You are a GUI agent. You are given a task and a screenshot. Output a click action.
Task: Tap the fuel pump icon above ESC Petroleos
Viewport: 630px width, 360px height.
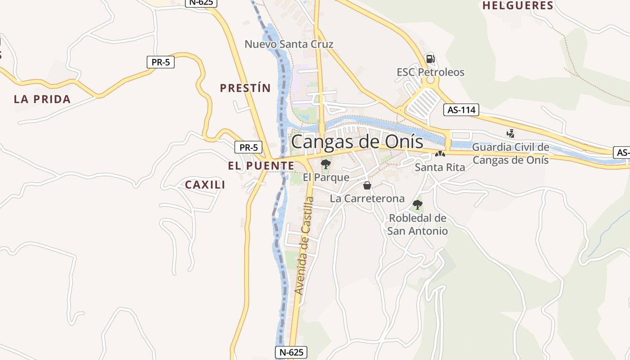point(430,58)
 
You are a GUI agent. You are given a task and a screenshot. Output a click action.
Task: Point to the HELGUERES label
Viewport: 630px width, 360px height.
point(517,6)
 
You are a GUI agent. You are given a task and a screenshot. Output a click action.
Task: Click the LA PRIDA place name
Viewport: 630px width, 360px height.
point(42,99)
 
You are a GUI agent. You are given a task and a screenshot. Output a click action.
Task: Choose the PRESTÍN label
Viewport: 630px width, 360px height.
point(245,88)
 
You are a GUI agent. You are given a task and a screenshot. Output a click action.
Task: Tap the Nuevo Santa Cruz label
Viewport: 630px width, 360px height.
point(289,44)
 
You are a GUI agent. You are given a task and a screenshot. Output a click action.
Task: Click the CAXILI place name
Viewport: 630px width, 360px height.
point(205,185)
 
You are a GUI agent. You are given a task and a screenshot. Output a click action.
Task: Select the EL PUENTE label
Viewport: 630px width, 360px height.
point(261,166)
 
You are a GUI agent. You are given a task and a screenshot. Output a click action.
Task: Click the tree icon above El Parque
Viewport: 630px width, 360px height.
point(326,164)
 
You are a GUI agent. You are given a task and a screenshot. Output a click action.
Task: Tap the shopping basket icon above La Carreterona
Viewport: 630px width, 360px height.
point(367,185)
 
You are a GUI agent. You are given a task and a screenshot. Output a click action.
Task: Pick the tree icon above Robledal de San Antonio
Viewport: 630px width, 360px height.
point(418,205)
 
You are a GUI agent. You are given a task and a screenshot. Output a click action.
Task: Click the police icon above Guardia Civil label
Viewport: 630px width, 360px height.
point(510,133)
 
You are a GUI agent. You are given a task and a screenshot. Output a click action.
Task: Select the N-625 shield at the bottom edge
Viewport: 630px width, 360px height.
point(291,352)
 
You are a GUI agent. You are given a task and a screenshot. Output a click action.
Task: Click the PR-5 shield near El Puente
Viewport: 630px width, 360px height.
point(248,147)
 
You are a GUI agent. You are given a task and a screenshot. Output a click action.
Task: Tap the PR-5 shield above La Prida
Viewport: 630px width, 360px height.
point(161,62)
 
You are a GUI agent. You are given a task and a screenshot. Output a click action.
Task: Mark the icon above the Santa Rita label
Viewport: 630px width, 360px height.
point(440,154)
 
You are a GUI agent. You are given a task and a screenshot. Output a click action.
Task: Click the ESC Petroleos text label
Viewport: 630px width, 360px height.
point(430,72)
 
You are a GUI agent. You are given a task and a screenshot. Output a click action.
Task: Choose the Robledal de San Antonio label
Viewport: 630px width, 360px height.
point(418,225)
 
